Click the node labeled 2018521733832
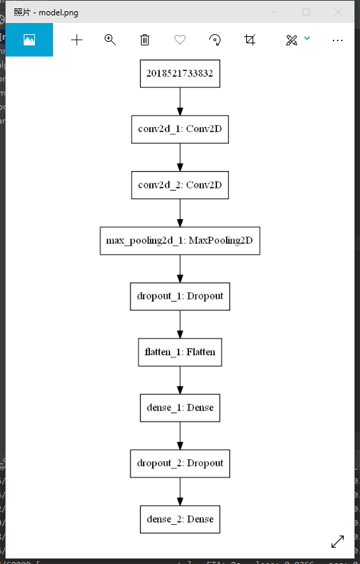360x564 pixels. pos(180,73)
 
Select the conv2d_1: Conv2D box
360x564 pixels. pos(180,129)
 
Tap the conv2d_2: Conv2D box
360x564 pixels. pos(180,185)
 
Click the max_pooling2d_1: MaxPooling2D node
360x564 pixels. pos(180,241)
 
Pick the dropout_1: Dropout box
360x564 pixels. pos(180,296)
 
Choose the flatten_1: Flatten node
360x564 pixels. pos(180,352)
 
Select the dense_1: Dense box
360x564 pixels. pos(180,408)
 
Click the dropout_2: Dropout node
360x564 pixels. pos(180,463)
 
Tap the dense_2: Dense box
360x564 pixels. pos(180,519)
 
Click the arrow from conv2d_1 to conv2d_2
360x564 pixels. pos(180,157)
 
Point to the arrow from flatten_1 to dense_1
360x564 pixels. pos(180,380)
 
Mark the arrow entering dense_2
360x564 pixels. pos(180,491)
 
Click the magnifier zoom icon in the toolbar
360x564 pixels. pos(110,40)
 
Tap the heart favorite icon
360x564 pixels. pos(180,40)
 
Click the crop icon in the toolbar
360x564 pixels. pos(250,40)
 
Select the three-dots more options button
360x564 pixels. pos(338,40)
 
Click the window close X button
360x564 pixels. pos(338,12)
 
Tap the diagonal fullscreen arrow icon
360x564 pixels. pos(338,541)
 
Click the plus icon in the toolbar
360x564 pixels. pos(77,40)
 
